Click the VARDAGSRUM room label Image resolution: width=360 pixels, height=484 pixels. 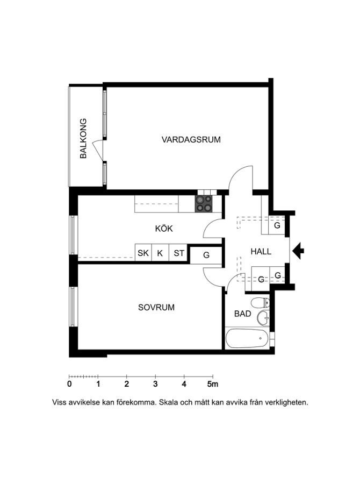[x=191, y=139]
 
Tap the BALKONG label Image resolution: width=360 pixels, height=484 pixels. [x=83, y=138]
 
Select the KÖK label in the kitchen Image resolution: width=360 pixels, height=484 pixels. [x=164, y=229]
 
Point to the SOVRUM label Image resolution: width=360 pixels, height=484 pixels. [x=156, y=308]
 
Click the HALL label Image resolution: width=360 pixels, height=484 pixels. [x=261, y=252]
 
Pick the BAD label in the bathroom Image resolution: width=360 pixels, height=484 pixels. [x=242, y=314]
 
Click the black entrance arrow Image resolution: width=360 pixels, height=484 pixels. [x=298, y=251]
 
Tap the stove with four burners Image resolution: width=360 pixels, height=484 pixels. [x=204, y=204]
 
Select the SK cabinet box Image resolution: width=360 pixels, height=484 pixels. [x=143, y=253]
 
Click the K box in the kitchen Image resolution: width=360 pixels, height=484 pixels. [x=160, y=253]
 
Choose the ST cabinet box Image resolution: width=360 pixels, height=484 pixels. [x=178, y=253]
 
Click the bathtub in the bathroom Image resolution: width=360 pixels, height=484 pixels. [x=247, y=338]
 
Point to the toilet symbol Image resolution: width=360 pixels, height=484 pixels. [x=261, y=303]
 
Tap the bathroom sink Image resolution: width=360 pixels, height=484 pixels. [x=263, y=318]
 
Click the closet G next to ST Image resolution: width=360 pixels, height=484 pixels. [x=206, y=255]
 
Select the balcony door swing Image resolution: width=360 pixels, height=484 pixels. [x=98, y=150]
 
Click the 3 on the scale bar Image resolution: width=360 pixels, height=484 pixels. [x=155, y=384]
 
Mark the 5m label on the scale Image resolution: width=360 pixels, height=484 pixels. [x=213, y=384]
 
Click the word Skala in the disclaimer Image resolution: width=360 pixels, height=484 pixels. [x=167, y=402]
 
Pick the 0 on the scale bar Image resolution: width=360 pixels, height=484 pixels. [x=69, y=384]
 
